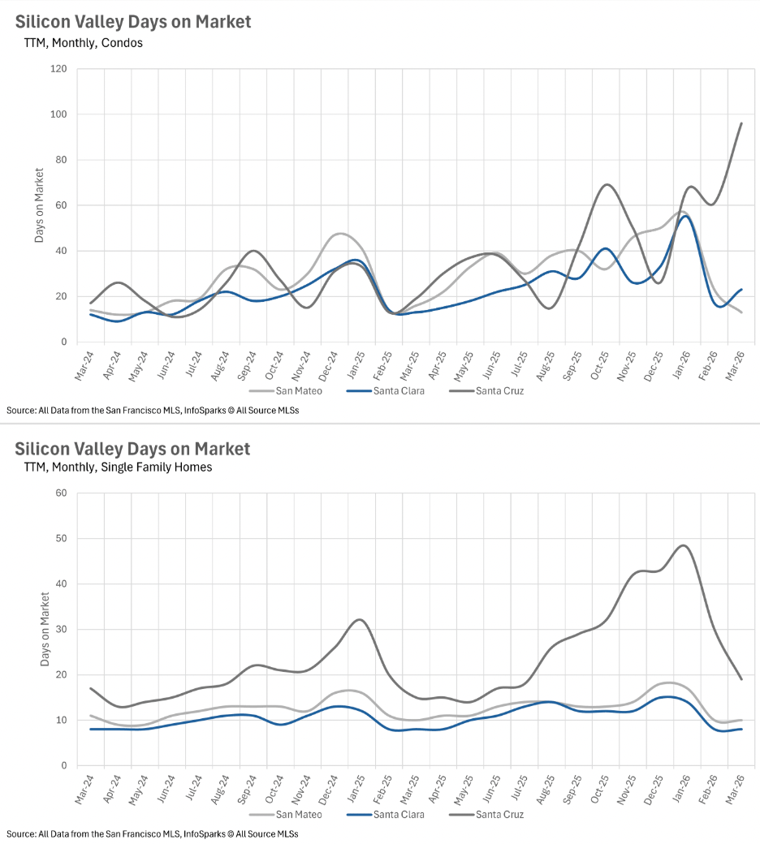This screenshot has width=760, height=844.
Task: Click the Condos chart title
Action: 133,22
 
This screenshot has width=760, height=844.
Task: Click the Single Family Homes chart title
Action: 132,449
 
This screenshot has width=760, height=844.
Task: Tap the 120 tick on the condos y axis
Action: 58,69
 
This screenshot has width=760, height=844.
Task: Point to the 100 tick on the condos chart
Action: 58,114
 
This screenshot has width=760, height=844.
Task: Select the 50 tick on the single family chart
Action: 60,538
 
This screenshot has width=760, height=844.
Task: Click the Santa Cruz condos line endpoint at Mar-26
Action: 741,123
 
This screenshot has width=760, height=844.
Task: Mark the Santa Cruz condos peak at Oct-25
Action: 607,184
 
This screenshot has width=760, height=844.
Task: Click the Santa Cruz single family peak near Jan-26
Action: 684,545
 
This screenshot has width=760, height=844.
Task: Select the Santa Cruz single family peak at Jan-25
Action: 360,620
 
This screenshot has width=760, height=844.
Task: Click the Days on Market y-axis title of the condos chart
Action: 39,205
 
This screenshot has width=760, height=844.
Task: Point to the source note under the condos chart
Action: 153,411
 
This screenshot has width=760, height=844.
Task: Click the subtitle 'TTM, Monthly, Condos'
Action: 84,42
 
